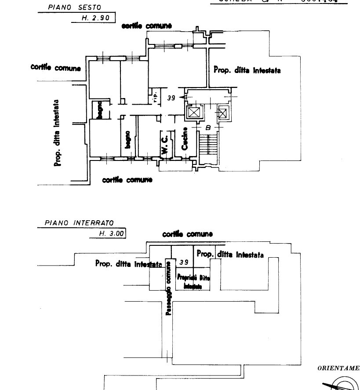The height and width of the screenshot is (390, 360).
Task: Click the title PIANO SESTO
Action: pos(74,7)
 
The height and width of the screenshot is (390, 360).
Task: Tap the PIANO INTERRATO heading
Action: pos(79,223)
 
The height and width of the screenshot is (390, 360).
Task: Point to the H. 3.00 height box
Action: pos(107,233)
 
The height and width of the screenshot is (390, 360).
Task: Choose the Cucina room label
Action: pos(185,139)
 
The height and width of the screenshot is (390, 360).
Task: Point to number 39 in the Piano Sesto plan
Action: pos(171,98)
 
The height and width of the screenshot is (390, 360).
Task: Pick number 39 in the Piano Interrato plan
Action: pos(184,262)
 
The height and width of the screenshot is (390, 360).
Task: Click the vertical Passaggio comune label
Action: pos(168,288)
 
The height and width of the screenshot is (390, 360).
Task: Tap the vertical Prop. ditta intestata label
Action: pos(57,132)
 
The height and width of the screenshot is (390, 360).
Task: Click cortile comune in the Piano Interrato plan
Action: pos(187,234)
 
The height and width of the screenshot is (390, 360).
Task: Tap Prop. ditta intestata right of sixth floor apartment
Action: pos(247,70)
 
